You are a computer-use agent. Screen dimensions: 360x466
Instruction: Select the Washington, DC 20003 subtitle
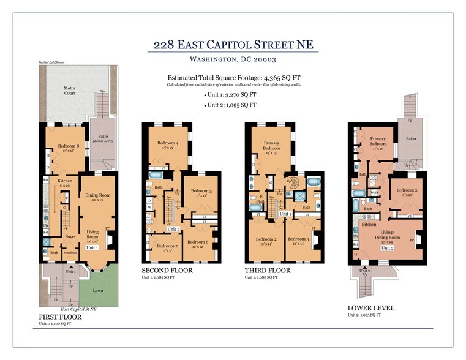click(x=232, y=59)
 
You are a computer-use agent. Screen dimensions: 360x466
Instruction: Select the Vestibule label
click(x=70, y=252)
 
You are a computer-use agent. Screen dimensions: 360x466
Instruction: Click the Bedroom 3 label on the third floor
click(x=297, y=239)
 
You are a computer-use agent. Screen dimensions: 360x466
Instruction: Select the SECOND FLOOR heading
click(x=167, y=270)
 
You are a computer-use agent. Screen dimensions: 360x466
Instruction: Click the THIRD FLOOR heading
click(x=267, y=270)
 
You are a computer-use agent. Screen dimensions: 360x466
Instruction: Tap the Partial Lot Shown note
click(x=51, y=62)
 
